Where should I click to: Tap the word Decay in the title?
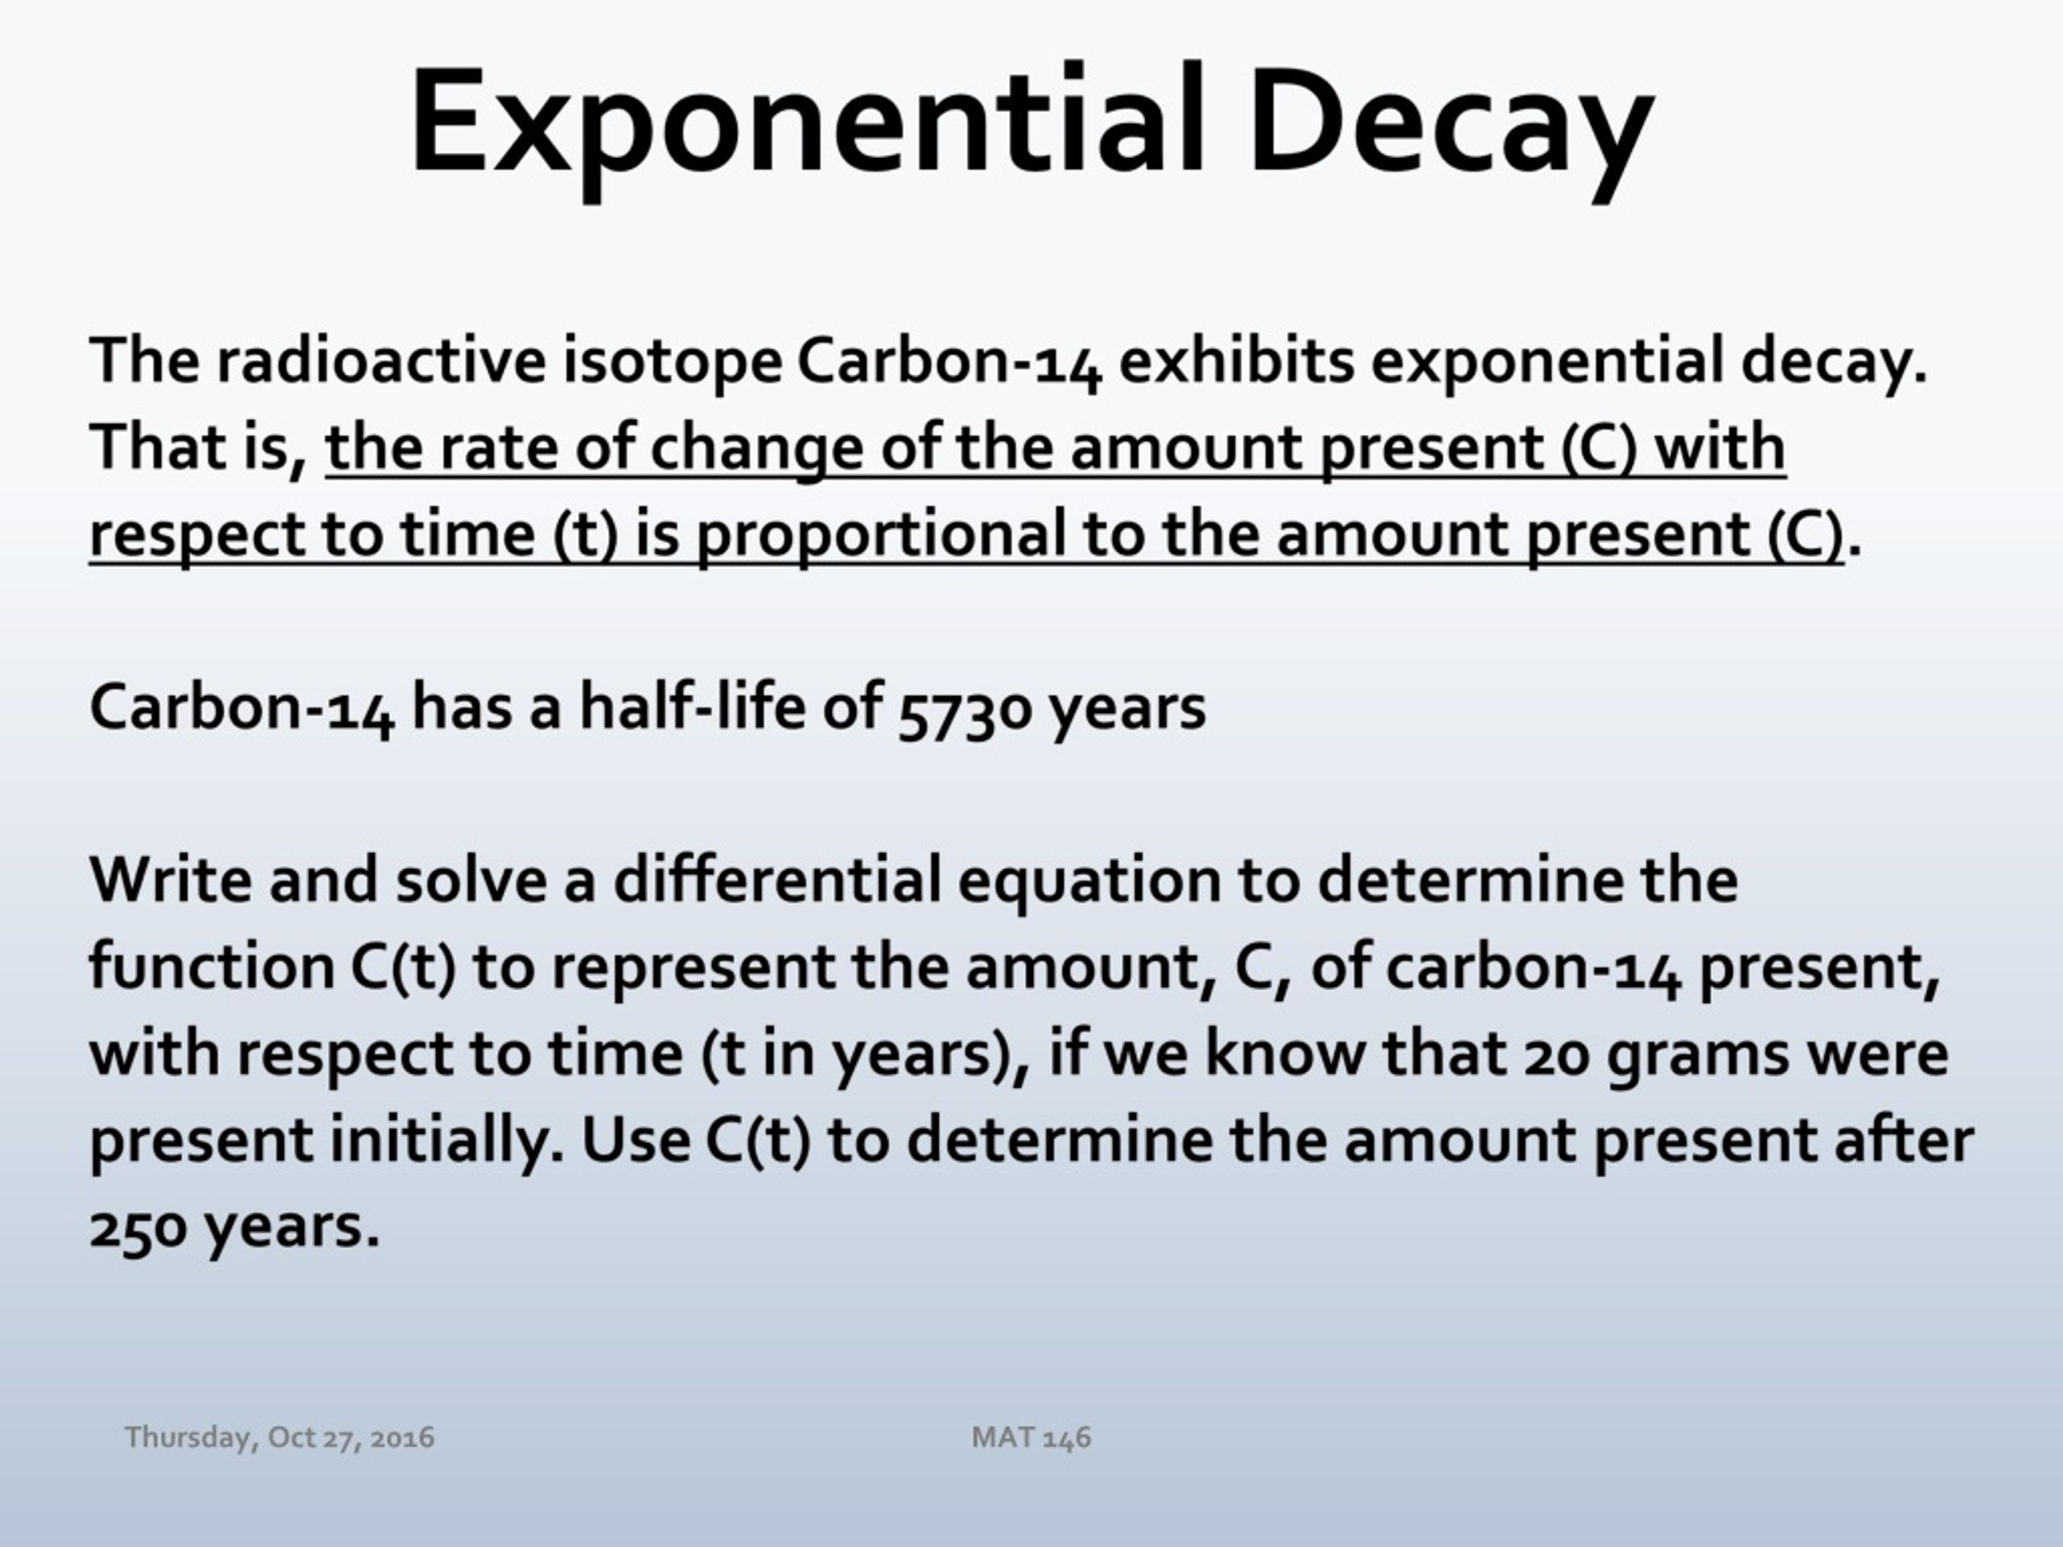(x=1451, y=126)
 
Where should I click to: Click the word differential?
(x=777, y=878)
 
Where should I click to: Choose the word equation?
(x=1090, y=882)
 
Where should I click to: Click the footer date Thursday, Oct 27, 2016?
(x=280, y=1437)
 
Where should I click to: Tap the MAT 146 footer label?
(x=1031, y=1437)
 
